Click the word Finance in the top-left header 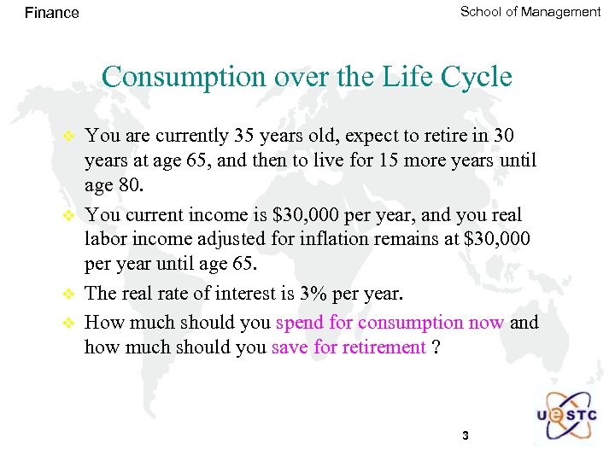(x=52, y=13)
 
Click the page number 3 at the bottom (x=465, y=436)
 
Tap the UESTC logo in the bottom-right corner (x=567, y=416)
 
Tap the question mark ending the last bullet (x=436, y=347)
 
